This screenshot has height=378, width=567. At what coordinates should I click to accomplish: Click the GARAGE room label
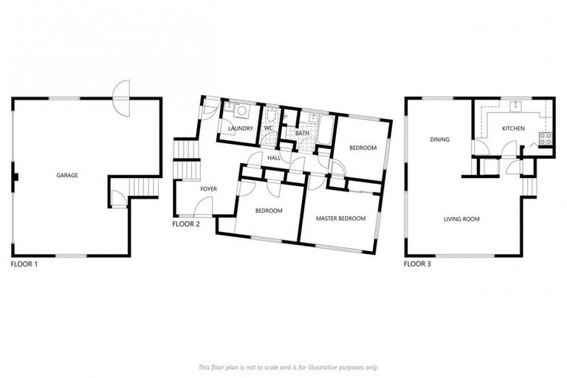[67, 176]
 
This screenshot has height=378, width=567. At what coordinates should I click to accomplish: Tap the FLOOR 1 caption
[24, 263]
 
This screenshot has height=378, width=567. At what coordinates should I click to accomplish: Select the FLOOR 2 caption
[186, 224]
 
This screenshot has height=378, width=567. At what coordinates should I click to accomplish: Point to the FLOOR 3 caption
[418, 263]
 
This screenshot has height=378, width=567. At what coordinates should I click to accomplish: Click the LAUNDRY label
[241, 129]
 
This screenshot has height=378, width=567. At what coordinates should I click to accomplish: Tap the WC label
[269, 129]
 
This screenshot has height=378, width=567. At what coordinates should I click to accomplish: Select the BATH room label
[302, 134]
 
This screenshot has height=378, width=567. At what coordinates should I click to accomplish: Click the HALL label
[274, 158]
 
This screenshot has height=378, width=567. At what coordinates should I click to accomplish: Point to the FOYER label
[209, 190]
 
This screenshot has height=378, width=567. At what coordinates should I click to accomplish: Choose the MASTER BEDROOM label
[340, 219]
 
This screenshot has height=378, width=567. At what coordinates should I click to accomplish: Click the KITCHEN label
[513, 128]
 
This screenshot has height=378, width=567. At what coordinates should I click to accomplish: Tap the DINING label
[441, 139]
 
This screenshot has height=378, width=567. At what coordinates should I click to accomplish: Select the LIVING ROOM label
[462, 219]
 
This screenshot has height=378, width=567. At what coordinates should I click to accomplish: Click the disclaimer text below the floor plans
[288, 367]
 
